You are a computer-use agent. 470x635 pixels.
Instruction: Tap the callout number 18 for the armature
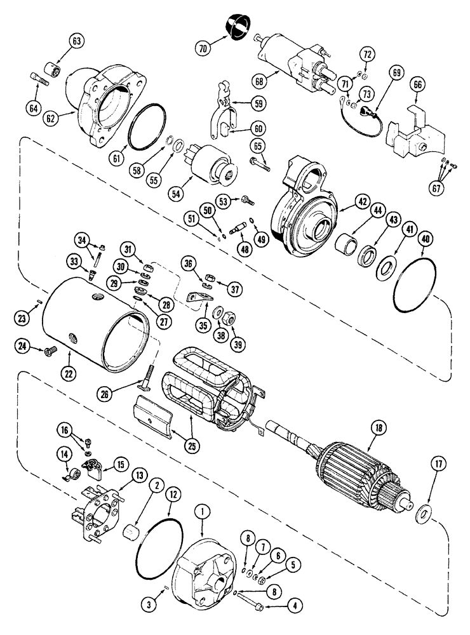tap(379, 430)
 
